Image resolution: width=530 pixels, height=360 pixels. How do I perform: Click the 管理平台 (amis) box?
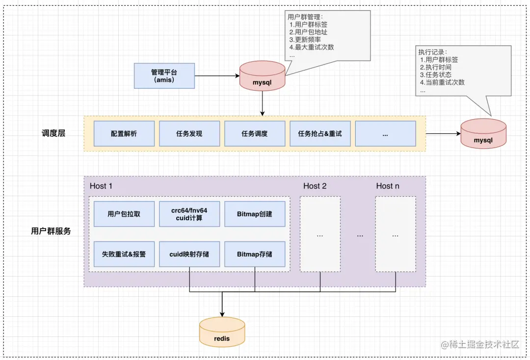point(164,76)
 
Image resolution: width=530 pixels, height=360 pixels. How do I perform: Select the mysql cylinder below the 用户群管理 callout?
point(262,76)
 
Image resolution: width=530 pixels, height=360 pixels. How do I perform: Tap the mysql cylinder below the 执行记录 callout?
point(483,133)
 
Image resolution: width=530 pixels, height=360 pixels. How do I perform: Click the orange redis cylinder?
point(222,332)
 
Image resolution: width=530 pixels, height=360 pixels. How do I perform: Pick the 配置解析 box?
point(124,133)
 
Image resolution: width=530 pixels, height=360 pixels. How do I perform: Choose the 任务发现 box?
point(189,133)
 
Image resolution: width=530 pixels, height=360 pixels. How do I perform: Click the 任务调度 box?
point(255,133)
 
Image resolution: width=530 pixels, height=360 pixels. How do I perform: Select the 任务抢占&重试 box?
point(320,133)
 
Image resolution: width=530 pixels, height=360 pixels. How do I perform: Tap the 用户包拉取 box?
point(124,214)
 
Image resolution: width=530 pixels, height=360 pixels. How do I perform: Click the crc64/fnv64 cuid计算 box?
point(189,214)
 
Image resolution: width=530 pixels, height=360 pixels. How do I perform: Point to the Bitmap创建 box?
point(255,214)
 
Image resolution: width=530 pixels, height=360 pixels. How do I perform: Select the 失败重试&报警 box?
point(124,254)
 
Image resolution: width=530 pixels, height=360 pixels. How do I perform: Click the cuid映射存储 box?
point(189,254)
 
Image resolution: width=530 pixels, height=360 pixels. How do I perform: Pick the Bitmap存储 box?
point(255,254)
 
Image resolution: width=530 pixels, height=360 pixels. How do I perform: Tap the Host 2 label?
point(315,186)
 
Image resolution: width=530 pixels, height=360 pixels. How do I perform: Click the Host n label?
point(388,186)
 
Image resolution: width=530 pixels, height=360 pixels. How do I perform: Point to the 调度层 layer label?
point(53,133)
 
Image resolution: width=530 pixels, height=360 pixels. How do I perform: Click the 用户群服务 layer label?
point(51,231)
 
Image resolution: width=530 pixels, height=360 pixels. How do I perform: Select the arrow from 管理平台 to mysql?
point(217,76)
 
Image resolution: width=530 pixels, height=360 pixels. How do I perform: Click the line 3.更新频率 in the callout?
point(305,40)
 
